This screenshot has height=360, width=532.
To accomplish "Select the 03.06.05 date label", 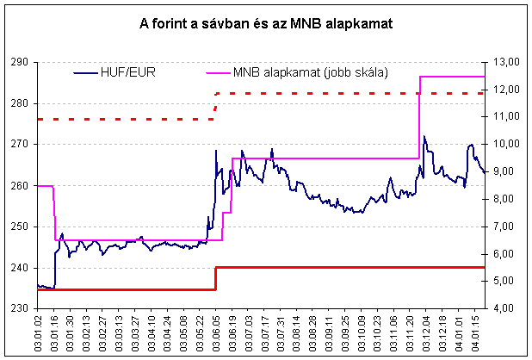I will (x=214, y=332).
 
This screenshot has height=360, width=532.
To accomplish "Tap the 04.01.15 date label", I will (x=477, y=332).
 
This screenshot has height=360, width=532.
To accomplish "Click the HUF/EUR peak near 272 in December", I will (x=424, y=136).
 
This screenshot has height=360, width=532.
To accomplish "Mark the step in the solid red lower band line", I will (x=215, y=278).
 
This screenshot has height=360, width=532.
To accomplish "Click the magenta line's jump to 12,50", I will (x=419, y=117).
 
